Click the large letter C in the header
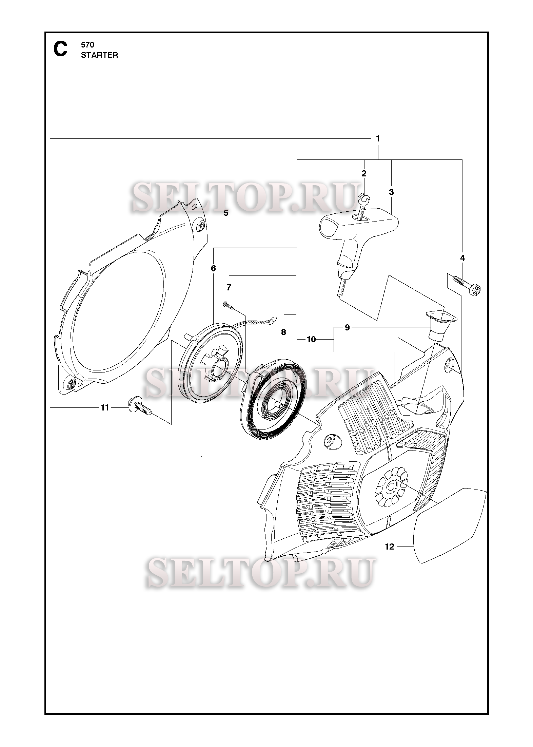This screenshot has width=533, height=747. [60, 49]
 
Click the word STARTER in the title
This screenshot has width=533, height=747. [99, 55]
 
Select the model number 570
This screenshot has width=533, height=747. [87, 45]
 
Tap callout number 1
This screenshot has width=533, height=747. [378, 139]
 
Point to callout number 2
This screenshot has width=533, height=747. [364, 174]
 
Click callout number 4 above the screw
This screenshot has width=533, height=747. [462, 258]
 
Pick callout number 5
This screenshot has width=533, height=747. [226, 213]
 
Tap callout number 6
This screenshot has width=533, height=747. [213, 269]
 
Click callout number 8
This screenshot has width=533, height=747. [283, 332]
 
